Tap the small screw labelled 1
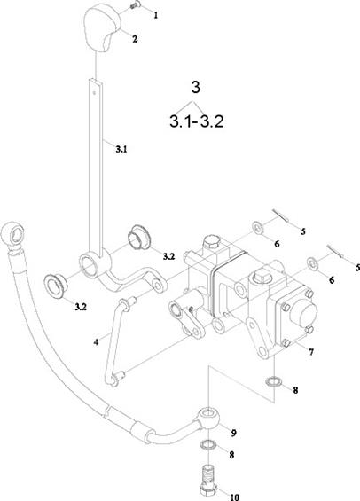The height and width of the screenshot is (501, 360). (x=135, y=5)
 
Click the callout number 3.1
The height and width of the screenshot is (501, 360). (x=121, y=149)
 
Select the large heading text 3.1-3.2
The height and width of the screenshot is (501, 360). (x=197, y=121)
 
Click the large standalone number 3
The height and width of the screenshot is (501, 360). (x=195, y=87)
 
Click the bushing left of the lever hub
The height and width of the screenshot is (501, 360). (x=57, y=286)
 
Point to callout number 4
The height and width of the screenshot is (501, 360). (x=96, y=342)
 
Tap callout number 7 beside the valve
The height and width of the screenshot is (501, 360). (x=311, y=352)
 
